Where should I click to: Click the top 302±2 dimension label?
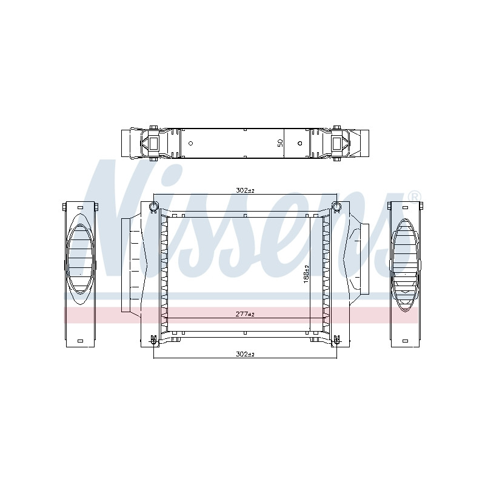[245, 190]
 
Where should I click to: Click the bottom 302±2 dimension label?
[245, 354]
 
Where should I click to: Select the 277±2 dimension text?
[245, 314]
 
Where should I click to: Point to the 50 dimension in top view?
[280, 143]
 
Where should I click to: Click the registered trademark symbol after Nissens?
[415, 196]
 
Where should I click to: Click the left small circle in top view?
[191, 143]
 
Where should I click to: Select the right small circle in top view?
[299, 143]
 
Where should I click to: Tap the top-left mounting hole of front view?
[153, 206]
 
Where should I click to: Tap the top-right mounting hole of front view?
[336, 206]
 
